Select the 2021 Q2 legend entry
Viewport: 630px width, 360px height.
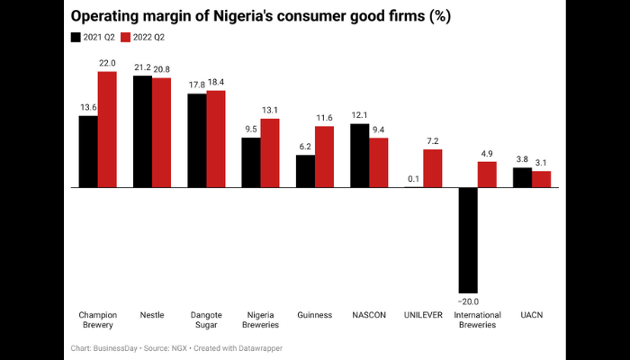(93, 38)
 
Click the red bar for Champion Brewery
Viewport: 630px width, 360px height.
(107, 129)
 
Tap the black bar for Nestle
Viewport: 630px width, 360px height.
(142, 131)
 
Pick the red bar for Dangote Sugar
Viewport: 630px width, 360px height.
(215, 139)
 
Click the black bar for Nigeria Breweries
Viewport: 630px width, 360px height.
(251, 163)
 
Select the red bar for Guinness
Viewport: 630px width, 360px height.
(324, 157)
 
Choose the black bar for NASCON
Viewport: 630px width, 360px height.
(359, 155)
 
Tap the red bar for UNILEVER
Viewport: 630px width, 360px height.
(432, 168)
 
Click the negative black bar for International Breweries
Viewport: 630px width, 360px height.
(468, 239)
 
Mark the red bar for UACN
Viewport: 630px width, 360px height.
(541, 179)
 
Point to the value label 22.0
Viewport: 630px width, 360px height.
(107, 62)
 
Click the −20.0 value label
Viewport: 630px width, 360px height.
(467, 301)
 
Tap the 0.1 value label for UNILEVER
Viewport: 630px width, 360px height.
(413, 178)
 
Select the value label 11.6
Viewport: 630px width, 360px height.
(324, 118)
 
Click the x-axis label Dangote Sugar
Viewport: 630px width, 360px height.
(206, 319)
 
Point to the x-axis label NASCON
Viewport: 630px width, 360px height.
(368, 315)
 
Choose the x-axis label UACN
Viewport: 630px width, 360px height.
(531, 315)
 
